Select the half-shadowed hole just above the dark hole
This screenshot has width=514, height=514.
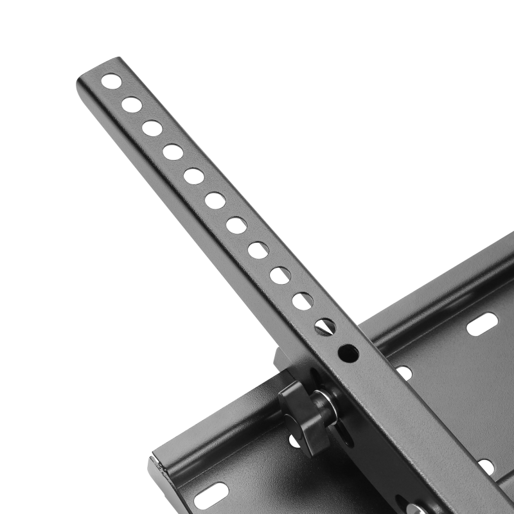[x=324, y=326]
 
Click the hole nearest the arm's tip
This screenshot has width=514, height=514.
[x=111, y=81]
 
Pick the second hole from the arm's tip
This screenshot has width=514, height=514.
[x=132, y=104]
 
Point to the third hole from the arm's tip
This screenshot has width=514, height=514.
[x=152, y=128]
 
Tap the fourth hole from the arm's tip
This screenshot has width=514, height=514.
[x=173, y=152]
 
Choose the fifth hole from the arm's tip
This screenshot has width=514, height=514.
[x=194, y=176]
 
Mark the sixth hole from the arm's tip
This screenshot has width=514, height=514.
[x=215, y=200]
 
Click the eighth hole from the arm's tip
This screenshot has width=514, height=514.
[x=258, y=250]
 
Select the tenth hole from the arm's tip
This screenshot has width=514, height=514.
[x=303, y=301]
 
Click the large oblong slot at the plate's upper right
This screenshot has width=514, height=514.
[x=482, y=324]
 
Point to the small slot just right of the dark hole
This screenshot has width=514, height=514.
[x=403, y=373]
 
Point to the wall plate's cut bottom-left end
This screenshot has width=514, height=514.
[x=157, y=472]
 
